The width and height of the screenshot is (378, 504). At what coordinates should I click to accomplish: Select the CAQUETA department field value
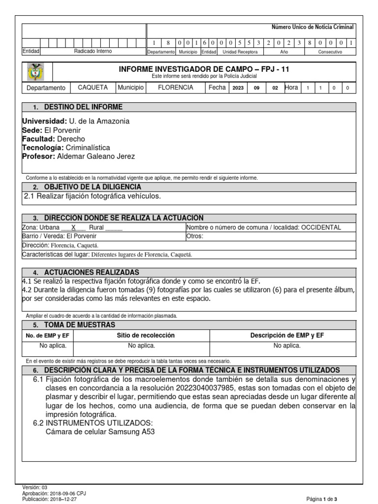93,88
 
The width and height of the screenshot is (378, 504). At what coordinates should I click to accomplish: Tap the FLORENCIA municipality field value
175,88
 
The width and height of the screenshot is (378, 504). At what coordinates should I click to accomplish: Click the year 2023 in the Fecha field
238,88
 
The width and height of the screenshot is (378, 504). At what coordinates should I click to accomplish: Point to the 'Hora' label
291,88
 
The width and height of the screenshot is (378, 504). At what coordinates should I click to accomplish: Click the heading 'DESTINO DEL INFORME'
83,107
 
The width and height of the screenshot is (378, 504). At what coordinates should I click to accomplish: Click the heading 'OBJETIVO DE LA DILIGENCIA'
93,187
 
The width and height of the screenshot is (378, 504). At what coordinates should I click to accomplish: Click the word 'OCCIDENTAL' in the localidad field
320,227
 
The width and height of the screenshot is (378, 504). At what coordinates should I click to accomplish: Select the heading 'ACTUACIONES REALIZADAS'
92,272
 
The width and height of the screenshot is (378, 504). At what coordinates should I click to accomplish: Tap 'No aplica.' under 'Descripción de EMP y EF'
287,346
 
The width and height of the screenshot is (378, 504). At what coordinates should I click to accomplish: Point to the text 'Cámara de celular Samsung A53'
101,432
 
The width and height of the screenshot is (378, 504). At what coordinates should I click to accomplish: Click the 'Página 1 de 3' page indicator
322,499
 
